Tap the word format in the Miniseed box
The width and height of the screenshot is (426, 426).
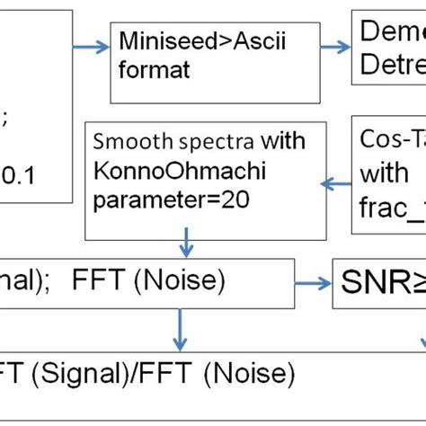(146, 69)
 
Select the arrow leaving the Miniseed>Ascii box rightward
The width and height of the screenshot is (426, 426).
(337, 49)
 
